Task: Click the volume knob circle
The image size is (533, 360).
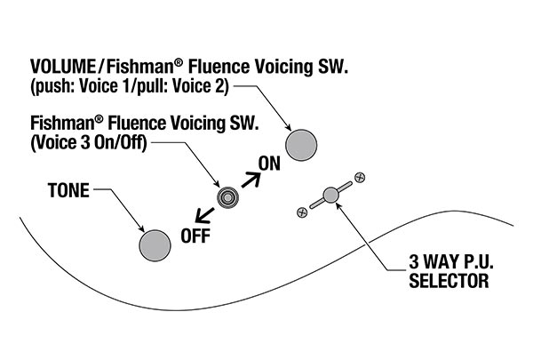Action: point(301,143)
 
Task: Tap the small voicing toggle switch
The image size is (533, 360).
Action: point(227,197)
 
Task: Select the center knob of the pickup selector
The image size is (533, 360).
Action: point(330,195)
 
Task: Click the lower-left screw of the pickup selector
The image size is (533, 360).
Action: point(302,212)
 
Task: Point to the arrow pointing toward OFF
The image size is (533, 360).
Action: point(203,213)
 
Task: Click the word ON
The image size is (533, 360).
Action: point(269,164)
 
